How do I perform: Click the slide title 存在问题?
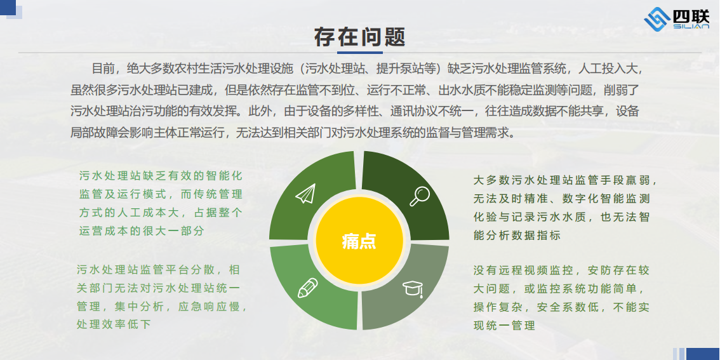[359, 37]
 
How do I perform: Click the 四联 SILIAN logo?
[676, 20]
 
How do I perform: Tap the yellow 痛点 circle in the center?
[359, 241]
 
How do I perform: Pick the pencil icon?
[308, 288]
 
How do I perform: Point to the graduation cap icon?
[413, 289]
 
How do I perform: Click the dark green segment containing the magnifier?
[404, 193]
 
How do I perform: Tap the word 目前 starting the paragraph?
[102, 69]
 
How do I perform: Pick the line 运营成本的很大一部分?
[142, 231]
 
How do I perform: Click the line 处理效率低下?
[114, 324]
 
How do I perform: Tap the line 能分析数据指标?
[517, 236]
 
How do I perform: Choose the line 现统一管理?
[504, 326]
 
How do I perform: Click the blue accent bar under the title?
[359, 52]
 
